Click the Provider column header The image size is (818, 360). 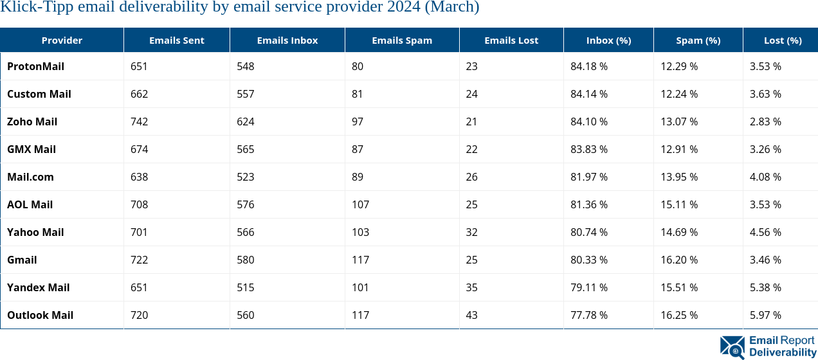pos(62,40)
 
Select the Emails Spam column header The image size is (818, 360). pos(402,40)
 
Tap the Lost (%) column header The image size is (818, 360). pos(783,40)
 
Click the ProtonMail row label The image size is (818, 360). pos(35,66)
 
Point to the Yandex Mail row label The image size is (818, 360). pos(39,287)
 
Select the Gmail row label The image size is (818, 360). pos(22,260)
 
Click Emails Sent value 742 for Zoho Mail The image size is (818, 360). pos(139,122)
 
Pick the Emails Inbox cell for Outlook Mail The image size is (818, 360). pos(245,315)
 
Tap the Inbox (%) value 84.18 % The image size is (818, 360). pos(589,66)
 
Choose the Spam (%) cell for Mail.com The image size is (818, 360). pos(679,177)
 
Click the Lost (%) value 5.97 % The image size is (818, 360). pos(765,315)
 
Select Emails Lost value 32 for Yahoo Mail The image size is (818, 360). pos(472,232)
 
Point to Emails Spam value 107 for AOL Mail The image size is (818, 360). pos(361,204)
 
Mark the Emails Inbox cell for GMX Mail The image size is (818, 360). pos(245,149)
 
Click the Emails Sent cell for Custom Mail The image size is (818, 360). pos(139,94)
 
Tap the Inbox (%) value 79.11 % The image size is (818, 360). pos(589,287)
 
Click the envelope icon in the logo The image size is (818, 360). pos(732,346)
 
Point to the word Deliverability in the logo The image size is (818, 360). pos(782,353)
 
